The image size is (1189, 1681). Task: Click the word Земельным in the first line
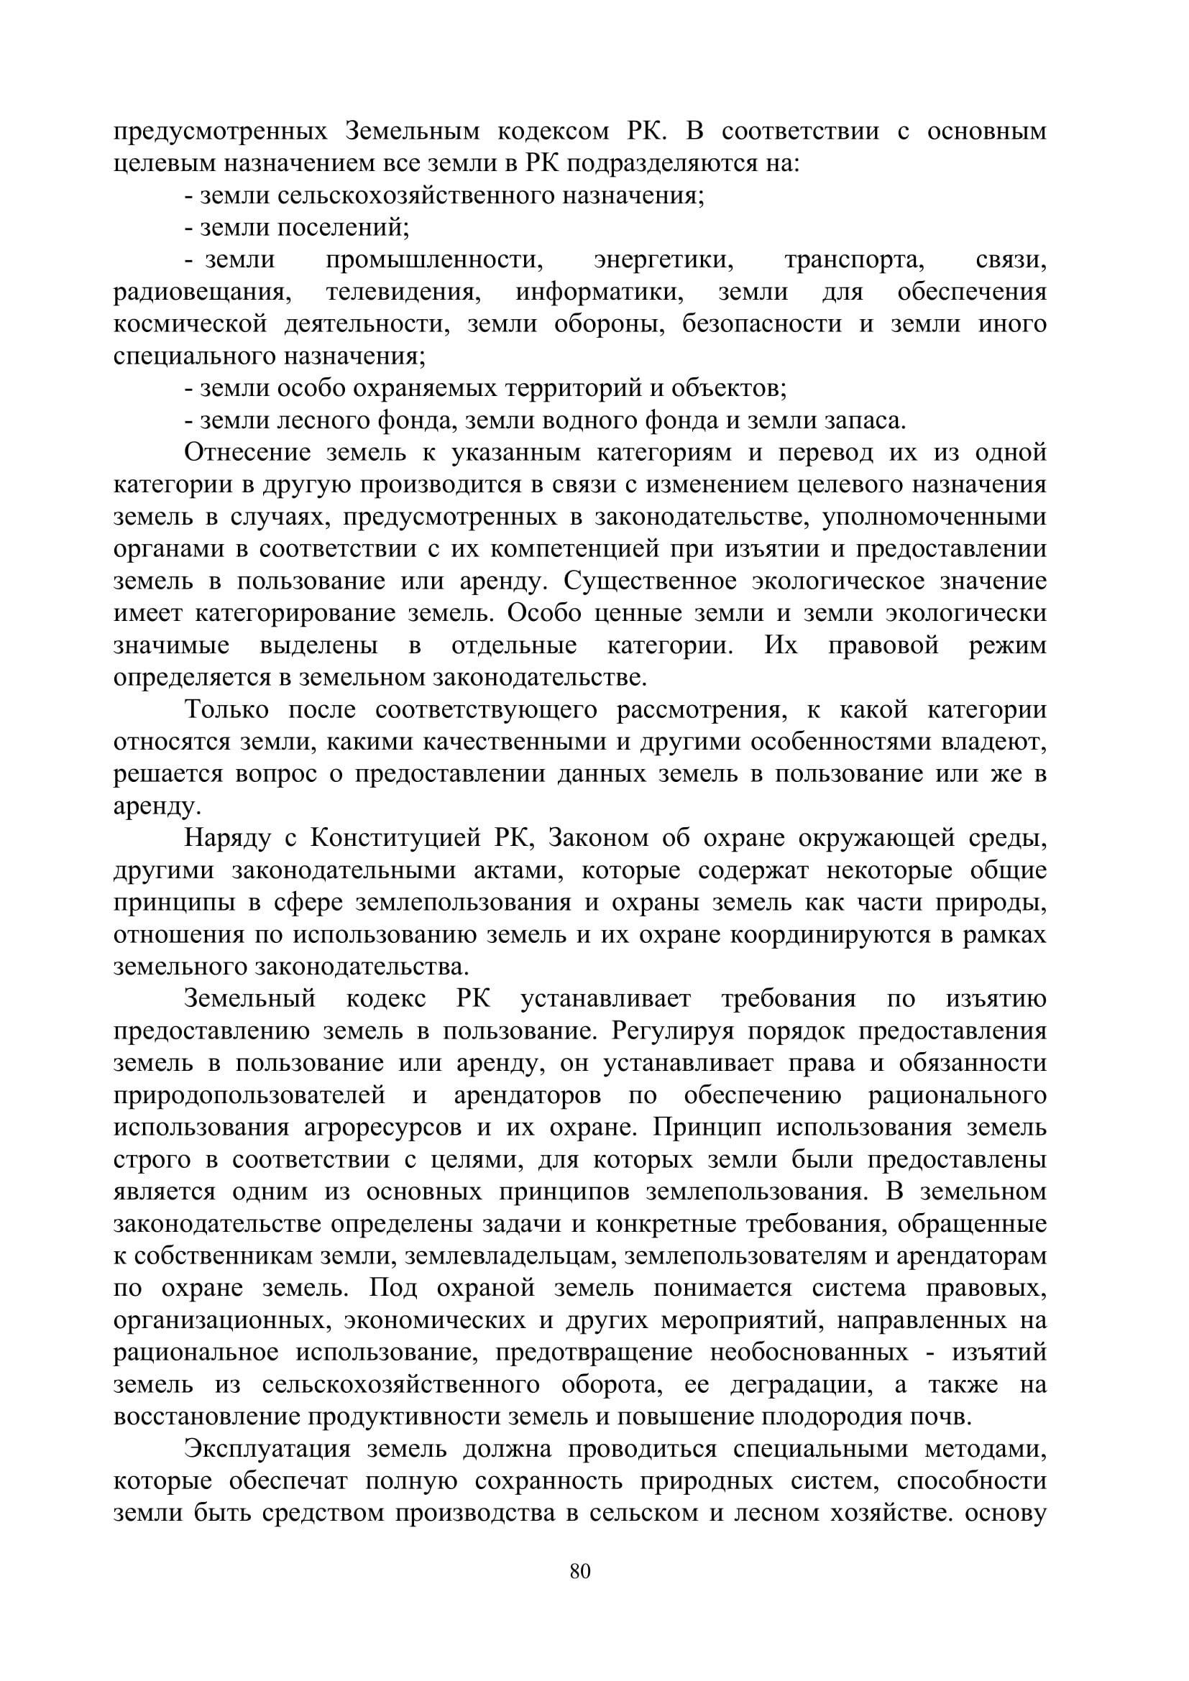click(x=412, y=132)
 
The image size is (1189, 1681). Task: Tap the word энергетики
click(x=665, y=261)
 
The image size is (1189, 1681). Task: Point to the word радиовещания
click(x=202, y=293)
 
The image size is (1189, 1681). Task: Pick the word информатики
click(x=600, y=293)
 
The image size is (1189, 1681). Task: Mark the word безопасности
click(x=762, y=325)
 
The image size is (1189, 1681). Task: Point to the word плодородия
click(x=832, y=1417)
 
